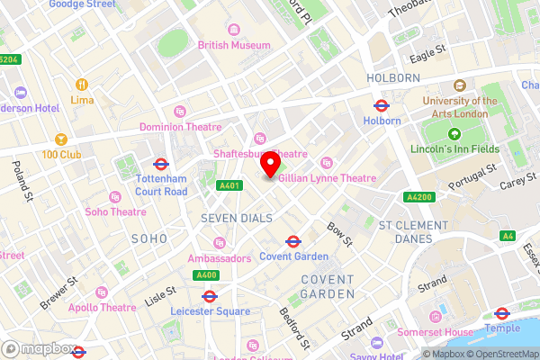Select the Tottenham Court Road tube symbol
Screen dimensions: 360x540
coord(161,165)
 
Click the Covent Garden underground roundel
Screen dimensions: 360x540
coord(292,240)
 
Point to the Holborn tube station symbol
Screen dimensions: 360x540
coord(381,104)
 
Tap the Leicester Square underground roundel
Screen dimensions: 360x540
coord(209,295)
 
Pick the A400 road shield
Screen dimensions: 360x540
coord(206,274)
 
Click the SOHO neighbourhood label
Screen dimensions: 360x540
coord(148,238)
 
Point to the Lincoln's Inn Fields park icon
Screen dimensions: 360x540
coord(454,134)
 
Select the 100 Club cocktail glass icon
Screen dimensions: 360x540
coord(61,140)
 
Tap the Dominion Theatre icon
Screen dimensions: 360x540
coord(180,112)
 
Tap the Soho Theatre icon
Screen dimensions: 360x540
coord(113,196)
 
